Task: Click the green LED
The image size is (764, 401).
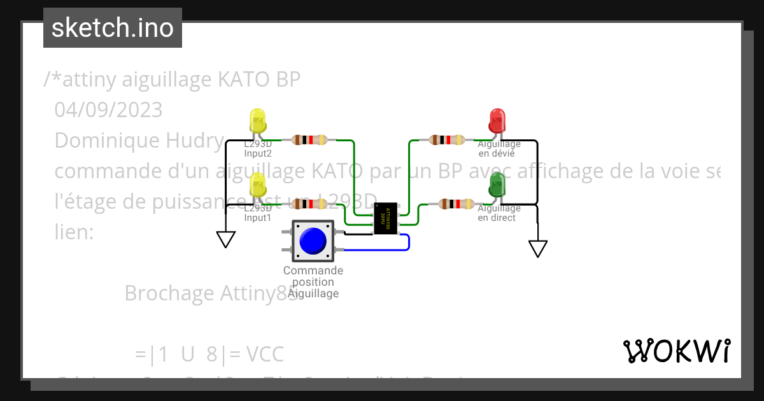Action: pyautogui.click(x=497, y=185)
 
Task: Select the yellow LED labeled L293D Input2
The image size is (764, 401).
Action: pyautogui.click(x=257, y=120)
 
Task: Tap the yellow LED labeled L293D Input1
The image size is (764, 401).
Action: pyautogui.click(x=257, y=185)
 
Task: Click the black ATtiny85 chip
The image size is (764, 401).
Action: pyautogui.click(x=385, y=219)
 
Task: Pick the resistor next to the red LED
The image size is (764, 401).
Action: pyautogui.click(x=447, y=140)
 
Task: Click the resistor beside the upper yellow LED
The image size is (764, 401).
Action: pyautogui.click(x=309, y=140)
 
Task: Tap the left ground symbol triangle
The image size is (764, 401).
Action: pyautogui.click(x=226, y=239)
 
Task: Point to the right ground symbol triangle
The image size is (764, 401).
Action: pyautogui.click(x=538, y=248)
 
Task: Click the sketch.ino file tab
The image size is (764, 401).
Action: pyautogui.click(x=113, y=28)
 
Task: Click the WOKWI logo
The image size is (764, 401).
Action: pyautogui.click(x=676, y=351)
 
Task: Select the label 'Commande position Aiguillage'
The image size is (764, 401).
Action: pyautogui.click(x=313, y=282)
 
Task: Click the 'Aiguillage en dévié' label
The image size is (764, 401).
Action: pyautogui.click(x=499, y=149)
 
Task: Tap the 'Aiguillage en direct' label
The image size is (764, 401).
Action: pyautogui.click(x=499, y=213)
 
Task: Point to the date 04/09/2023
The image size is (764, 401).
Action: pyautogui.click(x=108, y=110)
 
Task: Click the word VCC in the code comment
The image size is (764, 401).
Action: pyautogui.click(x=265, y=354)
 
